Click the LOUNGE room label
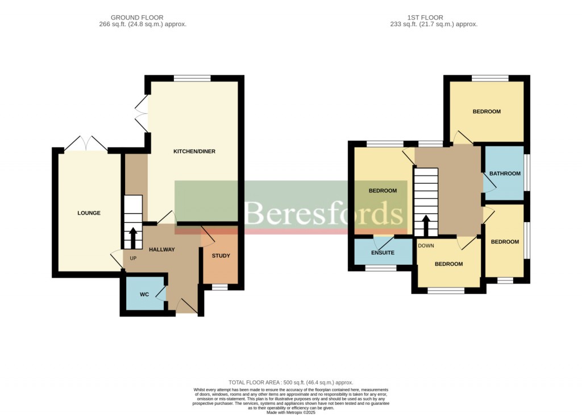pyautogui.click(x=89, y=213)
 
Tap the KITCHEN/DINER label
pyautogui.click(x=194, y=151)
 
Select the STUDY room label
pyautogui.click(x=221, y=256)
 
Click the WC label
pyautogui.click(x=144, y=294)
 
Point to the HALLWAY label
pyautogui.click(x=161, y=249)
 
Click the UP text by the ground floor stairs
pyautogui.click(x=134, y=258)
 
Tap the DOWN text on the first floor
pyautogui.click(x=426, y=246)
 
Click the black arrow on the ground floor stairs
pyautogui.click(x=134, y=238)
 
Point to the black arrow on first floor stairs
pyautogui.click(x=426, y=225)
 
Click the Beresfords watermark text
pyautogui.click(x=324, y=214)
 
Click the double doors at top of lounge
pyautogui.click(x=86, y=143)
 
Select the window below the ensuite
pyautogui.click(x=380, y=268)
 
